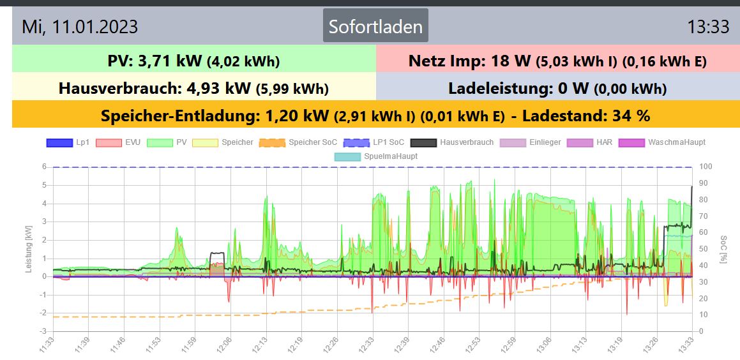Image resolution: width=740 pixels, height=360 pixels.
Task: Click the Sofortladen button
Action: [375, 26]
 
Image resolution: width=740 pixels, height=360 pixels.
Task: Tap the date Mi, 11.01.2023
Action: [80, 27]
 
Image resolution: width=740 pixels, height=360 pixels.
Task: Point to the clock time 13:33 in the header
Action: [708, 27]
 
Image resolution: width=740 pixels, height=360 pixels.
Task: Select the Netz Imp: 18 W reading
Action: [469, 61]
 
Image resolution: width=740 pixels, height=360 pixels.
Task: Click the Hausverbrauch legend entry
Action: [453, 142]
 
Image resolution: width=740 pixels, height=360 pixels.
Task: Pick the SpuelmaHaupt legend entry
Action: [377, 156]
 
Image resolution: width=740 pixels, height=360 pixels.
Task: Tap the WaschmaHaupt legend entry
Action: [664, 142]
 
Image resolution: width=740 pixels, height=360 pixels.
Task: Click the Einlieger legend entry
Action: [531, 142]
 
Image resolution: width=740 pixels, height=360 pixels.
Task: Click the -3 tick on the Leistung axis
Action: [43, 331]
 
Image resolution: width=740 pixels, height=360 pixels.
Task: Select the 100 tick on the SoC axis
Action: [706, 167]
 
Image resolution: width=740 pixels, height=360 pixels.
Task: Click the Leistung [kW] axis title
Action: [29, 249]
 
